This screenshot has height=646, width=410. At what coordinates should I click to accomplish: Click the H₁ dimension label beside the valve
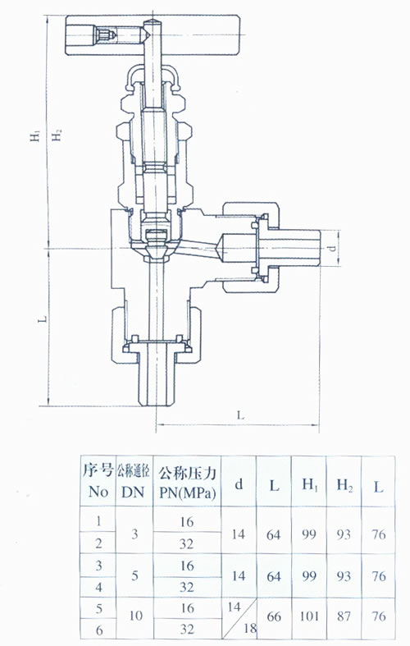[36, 135]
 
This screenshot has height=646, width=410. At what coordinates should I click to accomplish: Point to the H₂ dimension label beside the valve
[57, 135]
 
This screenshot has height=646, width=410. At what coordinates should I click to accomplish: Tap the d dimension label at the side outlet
[333, 248]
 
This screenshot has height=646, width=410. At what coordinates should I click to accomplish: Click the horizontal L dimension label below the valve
[240, 415]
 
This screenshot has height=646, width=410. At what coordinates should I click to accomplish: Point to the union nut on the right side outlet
[251, 248]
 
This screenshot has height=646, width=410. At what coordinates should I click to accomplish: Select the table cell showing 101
[309, 616]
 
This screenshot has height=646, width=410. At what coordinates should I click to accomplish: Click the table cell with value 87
[344, 616]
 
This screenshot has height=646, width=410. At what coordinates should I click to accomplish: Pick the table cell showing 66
[274, 616]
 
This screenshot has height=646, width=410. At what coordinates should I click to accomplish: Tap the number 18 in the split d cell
[249, 628]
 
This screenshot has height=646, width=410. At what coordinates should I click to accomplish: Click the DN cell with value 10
[135, 616]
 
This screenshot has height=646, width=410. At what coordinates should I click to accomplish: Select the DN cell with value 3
[134, 534]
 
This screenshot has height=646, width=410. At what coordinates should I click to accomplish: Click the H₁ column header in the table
[310, 485]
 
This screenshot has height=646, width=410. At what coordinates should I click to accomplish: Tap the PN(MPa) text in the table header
[187, 493]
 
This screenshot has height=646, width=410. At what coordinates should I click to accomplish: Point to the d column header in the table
[239, 484]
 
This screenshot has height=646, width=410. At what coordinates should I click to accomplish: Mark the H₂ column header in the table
[344, 485]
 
